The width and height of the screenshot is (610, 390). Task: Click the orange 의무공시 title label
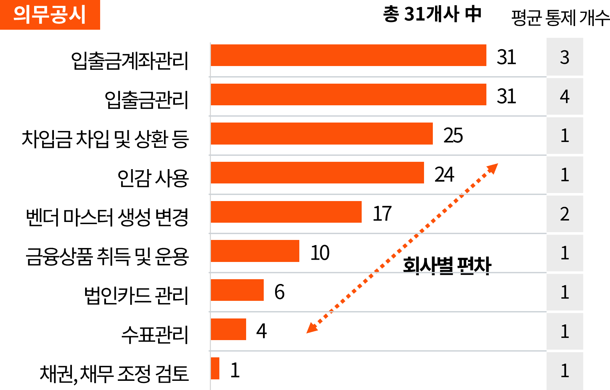pos(50,15)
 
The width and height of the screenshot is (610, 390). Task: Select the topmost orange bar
pos(348,55)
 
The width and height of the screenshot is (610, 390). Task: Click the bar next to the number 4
pos(348,95)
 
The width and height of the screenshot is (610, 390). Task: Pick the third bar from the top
pos(322,134)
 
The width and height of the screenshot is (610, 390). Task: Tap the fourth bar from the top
pos(317,173)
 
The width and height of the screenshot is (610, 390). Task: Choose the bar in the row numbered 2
pos(286,212)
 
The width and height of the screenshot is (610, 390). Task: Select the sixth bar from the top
pos(255,251)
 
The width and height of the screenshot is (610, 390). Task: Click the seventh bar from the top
pos(237,290)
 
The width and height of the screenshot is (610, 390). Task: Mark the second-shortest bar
pos(229,329)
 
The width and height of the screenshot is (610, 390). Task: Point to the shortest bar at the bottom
pos(215,368)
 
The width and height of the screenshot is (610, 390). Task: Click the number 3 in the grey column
pos(565,58)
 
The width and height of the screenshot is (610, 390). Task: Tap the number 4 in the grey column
pos(565,96)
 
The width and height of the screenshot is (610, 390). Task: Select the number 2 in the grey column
pos(565,214)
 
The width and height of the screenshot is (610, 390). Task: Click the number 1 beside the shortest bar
pos(565,371)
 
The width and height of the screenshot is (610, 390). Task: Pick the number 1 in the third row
pos(565,136)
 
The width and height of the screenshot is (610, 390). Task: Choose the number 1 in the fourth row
pos(565,175)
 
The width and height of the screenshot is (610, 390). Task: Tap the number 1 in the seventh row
pos(565,292)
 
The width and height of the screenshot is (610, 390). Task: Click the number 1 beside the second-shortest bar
pos(565,331)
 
